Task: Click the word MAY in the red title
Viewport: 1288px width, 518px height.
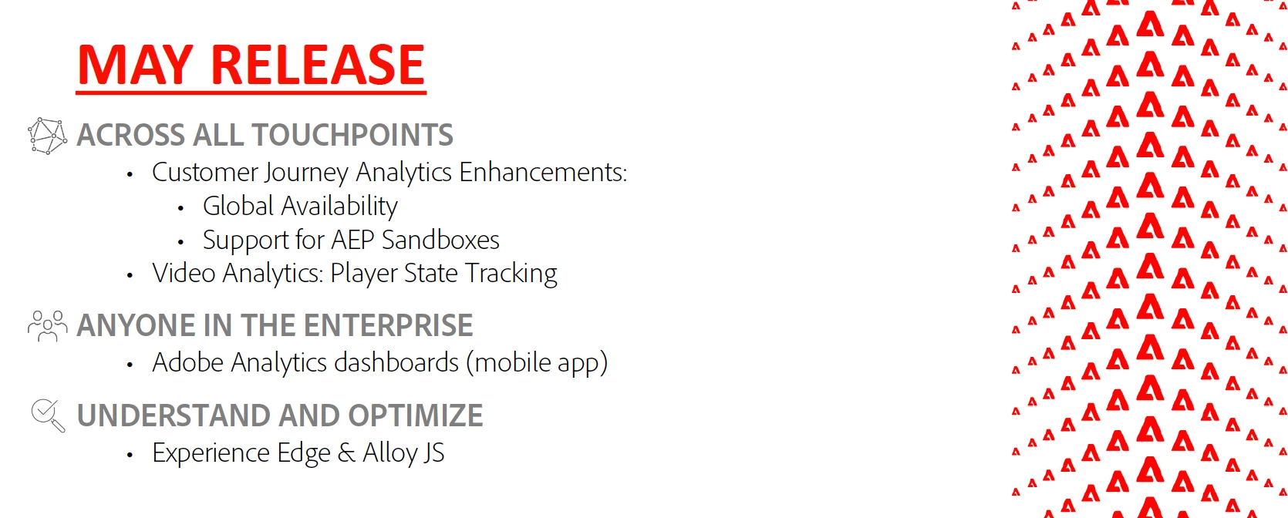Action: pos(135,65)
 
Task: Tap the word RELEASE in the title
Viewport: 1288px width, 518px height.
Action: pos(318,65)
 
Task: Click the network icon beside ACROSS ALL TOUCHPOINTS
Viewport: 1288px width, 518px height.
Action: pos(47,136)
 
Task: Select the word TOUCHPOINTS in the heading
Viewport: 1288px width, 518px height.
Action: pos(352,135)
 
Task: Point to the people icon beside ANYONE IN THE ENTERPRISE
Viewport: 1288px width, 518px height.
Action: pos(47,326)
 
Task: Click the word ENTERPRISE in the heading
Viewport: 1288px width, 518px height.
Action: pos(388,325)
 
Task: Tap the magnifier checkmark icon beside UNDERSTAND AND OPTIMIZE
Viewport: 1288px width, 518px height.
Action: pos(48,415)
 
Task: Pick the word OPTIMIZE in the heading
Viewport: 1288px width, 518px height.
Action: pos(415,415)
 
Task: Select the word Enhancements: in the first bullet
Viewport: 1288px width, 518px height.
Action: pos(543,172)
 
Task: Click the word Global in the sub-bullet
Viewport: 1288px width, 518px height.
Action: pos(238,206)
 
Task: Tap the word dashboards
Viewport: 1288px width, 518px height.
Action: pos(396,362)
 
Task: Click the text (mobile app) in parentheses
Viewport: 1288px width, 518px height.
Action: pos(537,363)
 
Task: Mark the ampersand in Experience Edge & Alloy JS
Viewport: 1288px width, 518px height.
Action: pos(347,453)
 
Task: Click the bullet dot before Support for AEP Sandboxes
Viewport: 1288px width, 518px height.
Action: pos(180,242)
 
